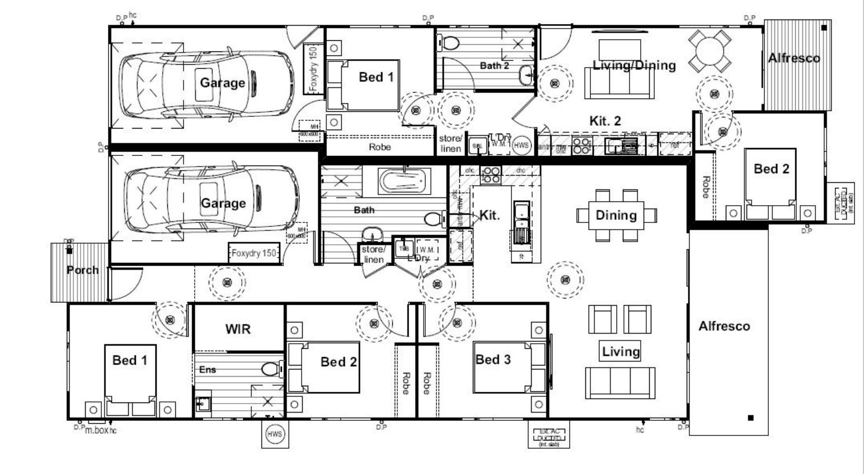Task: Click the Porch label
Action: (x=82, y=271)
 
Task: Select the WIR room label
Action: (x=238, y=329)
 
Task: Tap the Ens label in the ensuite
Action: (x=207, y=369)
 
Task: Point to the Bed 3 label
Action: (x=493, y=359)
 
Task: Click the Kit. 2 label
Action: (x=605, y=121)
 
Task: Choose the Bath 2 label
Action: (x=495, y=66)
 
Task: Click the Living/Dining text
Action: (x=634, y=65)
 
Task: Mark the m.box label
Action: (x=96, y=430)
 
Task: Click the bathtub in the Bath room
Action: (x=402, y=181)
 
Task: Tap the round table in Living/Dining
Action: (x=710, y=51)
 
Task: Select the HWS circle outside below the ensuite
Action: (x=275, y=434)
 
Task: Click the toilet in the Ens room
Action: (x=273, y=369)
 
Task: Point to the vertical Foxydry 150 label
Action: (x=313, y=69)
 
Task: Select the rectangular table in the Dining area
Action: (x=616, y=215)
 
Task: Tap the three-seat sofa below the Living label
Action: (x=620, y=383)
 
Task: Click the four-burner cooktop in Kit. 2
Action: (x=581, y=146)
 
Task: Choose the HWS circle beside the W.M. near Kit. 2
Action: (x=521, y=145)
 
